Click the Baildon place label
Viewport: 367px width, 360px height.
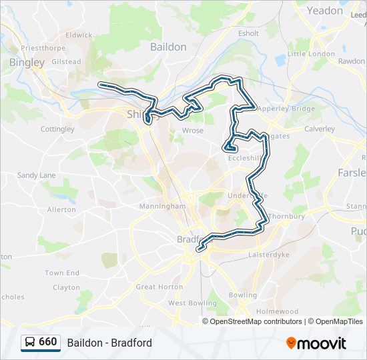168,47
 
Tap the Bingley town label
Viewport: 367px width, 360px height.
27,62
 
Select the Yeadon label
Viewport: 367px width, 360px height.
324,11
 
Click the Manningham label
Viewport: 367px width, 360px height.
162,207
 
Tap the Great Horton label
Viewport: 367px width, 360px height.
159,287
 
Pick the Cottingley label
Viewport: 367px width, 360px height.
57,129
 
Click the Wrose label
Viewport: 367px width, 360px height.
193,131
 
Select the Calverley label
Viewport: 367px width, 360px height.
319,129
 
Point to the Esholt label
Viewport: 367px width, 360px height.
248,33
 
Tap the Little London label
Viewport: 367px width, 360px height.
311,54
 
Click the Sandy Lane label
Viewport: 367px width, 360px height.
37,175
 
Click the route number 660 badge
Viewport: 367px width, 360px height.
47,342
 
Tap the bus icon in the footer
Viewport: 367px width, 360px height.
30,343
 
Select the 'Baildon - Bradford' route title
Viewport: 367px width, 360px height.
109,343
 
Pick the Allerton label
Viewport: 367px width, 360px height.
61,209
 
